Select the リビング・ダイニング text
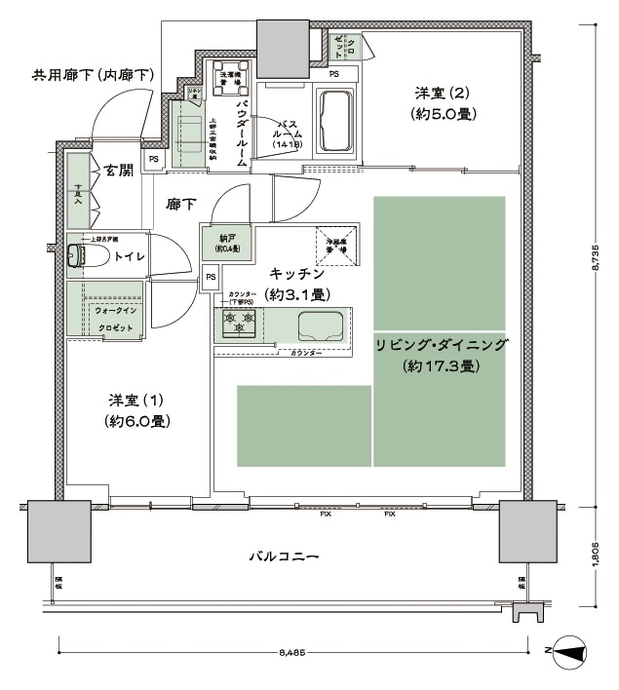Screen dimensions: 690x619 [x=441, y=345]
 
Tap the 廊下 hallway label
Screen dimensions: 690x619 [x=180, y=205]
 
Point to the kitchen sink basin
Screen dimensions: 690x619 [x=319, y=324]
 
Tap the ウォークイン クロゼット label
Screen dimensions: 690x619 [x=116, y=319]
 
